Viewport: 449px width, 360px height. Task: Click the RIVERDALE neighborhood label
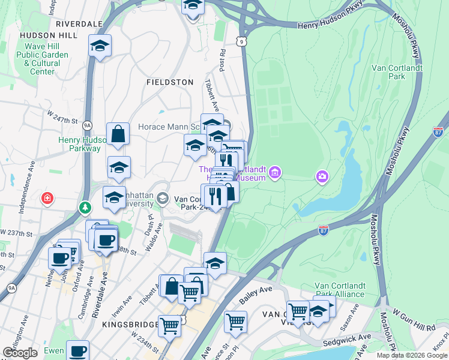point(78,23)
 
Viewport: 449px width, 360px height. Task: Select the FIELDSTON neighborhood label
point(170,82)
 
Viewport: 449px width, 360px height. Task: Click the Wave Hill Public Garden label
point(42,59)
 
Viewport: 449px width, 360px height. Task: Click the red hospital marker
point(46,198)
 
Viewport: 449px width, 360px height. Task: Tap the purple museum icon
point(275,173)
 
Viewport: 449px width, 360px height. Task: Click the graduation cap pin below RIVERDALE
point(100,46)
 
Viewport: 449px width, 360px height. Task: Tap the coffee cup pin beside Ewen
point(77,350)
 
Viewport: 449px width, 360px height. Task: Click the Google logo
point(20,352)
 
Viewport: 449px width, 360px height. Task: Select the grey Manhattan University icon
point(162,198)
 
